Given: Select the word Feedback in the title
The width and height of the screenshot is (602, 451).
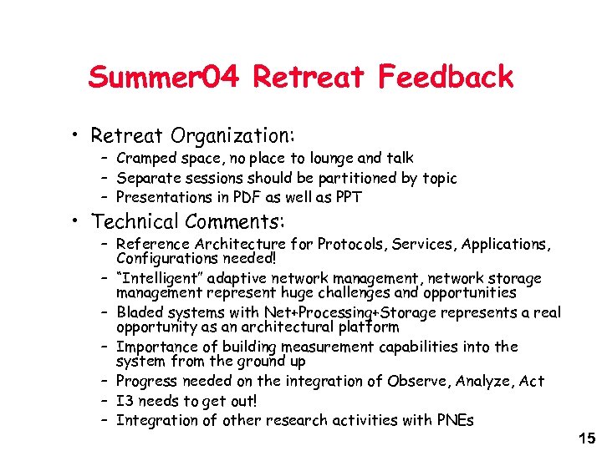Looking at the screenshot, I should (446, 78).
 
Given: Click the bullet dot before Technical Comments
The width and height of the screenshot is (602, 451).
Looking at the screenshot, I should (75, 222).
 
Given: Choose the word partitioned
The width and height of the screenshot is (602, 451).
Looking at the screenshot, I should (338, 178).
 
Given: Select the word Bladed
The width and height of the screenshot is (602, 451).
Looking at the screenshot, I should (139, 312).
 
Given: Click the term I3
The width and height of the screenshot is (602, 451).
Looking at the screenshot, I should (125, 401).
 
